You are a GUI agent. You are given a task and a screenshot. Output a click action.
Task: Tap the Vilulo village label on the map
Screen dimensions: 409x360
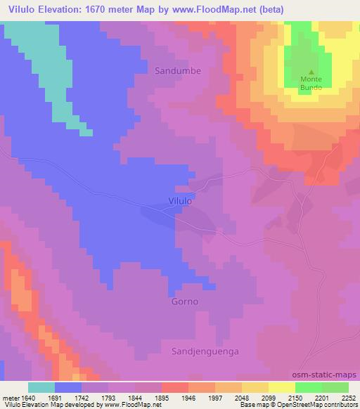[x=181, y=200]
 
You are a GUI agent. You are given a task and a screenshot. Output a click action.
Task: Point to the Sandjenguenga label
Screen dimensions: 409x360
[x=202, y=349]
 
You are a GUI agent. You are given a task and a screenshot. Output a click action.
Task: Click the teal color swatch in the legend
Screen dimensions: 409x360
[x=41, y=387]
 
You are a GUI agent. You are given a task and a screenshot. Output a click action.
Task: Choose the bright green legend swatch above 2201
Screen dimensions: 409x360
[x=309, y=387]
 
